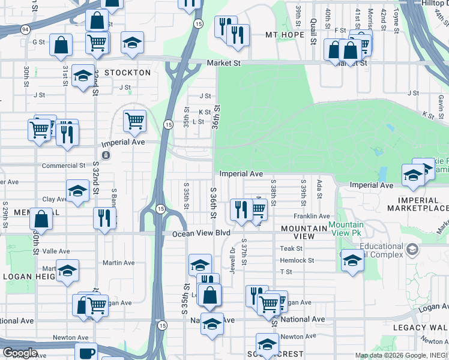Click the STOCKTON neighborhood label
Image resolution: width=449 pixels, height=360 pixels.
coord(127,73)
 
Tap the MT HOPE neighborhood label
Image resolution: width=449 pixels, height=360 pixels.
coord(286,35)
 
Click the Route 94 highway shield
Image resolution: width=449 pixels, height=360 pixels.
coord(25,29)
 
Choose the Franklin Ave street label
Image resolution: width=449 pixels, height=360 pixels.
coord(312,216)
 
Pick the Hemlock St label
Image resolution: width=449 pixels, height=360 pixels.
coord(297,260)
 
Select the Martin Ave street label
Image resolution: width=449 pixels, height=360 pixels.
coord(118,263)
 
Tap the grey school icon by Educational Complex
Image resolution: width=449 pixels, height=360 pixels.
coord(412,248)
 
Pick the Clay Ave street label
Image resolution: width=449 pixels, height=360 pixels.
coord(53,199)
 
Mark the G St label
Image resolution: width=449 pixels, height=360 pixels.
coord(39,42)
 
